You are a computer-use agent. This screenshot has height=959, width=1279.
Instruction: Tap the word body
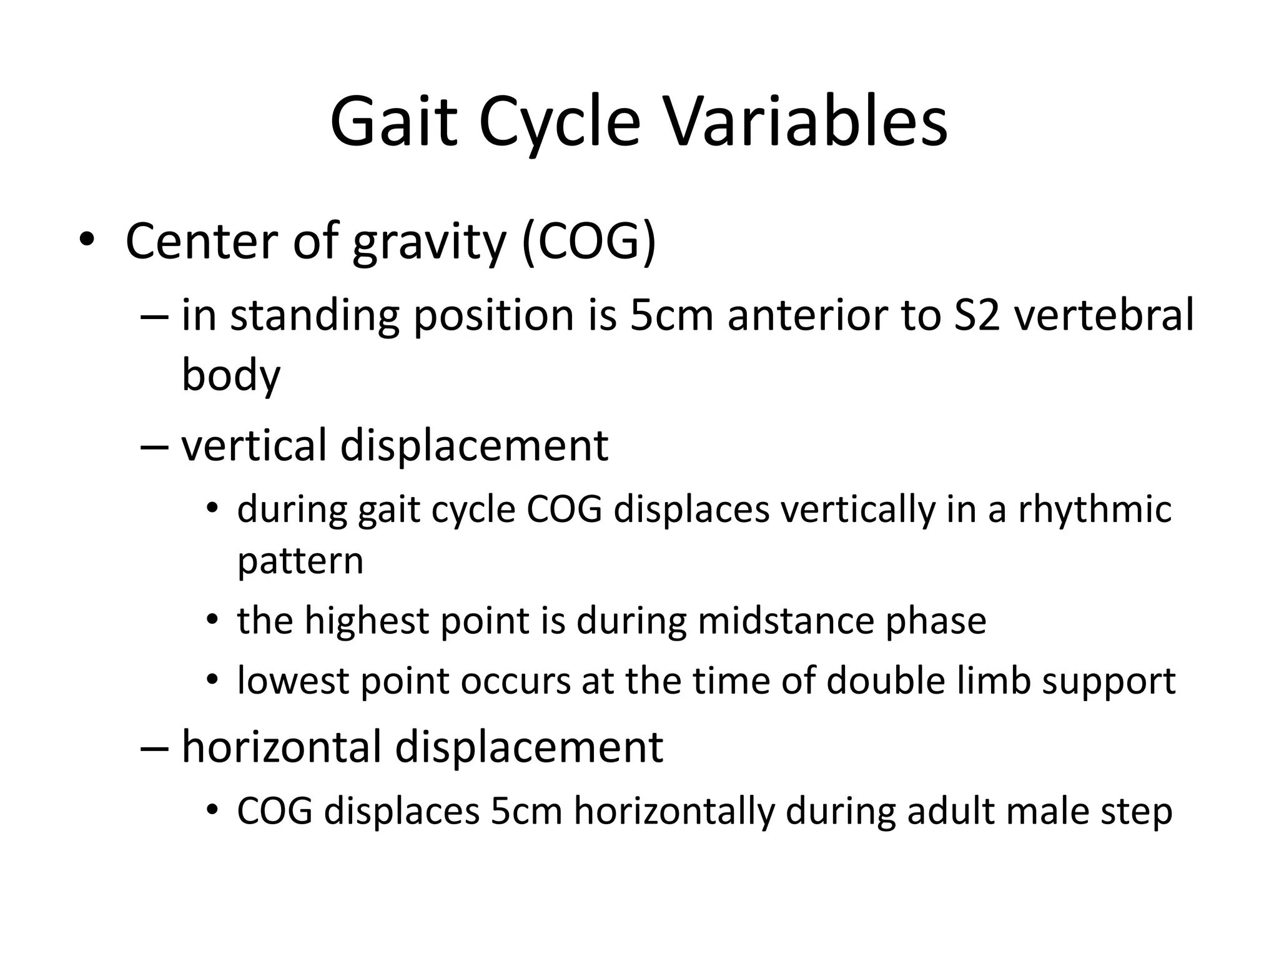click(x=231, y=375)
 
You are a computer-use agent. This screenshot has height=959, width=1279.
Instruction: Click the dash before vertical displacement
click(x=154, y=445)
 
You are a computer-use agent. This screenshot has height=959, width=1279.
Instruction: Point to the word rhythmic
click(x=1095, y=509)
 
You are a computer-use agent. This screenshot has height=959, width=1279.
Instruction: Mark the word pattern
click(x=300, y=561)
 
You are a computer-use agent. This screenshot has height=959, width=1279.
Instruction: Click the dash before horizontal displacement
click(x=154, y=747)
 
